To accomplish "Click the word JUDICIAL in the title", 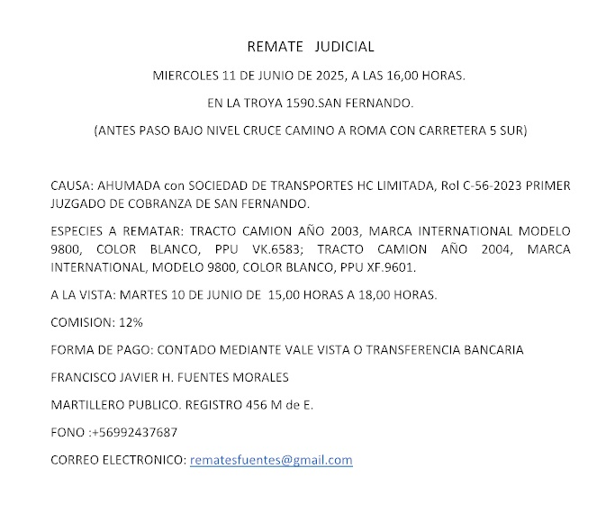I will point(346,46).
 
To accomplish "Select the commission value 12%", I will point(129,321).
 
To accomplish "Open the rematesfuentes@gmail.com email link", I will point(271,460).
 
